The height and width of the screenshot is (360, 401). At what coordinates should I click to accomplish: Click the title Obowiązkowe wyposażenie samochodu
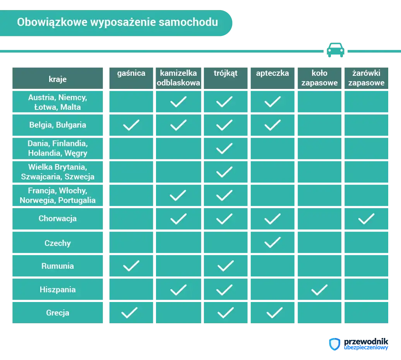click(x=117, y=22)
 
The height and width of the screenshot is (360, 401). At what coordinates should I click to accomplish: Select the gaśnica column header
click(x=131, y=73)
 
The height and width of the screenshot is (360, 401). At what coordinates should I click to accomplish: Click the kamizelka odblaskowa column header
click(x=178, y=78)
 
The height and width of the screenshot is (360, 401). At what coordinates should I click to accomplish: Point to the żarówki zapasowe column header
click(x=366, y=78)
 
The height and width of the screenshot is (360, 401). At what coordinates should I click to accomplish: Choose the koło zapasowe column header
click(x=319, y=78)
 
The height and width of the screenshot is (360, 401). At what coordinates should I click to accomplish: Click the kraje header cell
click(x=58, y=79)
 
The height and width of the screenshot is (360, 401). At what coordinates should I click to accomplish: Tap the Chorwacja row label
click(x=58, y=218)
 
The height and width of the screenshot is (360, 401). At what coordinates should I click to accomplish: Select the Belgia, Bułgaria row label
click(x=58, y=125)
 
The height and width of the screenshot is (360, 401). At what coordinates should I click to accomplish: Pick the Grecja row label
click(x=58, y=312)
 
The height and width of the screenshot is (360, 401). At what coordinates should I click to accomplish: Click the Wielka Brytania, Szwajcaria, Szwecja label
click(x=58, y=172)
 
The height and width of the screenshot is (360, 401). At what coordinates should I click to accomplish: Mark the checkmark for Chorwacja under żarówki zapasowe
click(x=366, y=219)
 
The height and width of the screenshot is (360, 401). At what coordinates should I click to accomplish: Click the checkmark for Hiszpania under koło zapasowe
click(x=319, y=290)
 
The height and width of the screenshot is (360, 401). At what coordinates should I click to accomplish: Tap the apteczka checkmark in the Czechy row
click(x=272, y=242)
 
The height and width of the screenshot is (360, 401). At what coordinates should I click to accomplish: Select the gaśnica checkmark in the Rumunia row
click(x=131, y=266)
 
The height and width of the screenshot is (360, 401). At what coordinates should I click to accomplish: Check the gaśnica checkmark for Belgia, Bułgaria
click(x=131, y=125)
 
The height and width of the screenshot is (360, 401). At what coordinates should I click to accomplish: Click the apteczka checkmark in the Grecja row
click(x=274, y=312)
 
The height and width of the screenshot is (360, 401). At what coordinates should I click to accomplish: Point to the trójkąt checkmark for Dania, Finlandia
click(x=224, y=148)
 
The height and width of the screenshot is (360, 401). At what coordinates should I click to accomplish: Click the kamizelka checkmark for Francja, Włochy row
click(x=178, y=195)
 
